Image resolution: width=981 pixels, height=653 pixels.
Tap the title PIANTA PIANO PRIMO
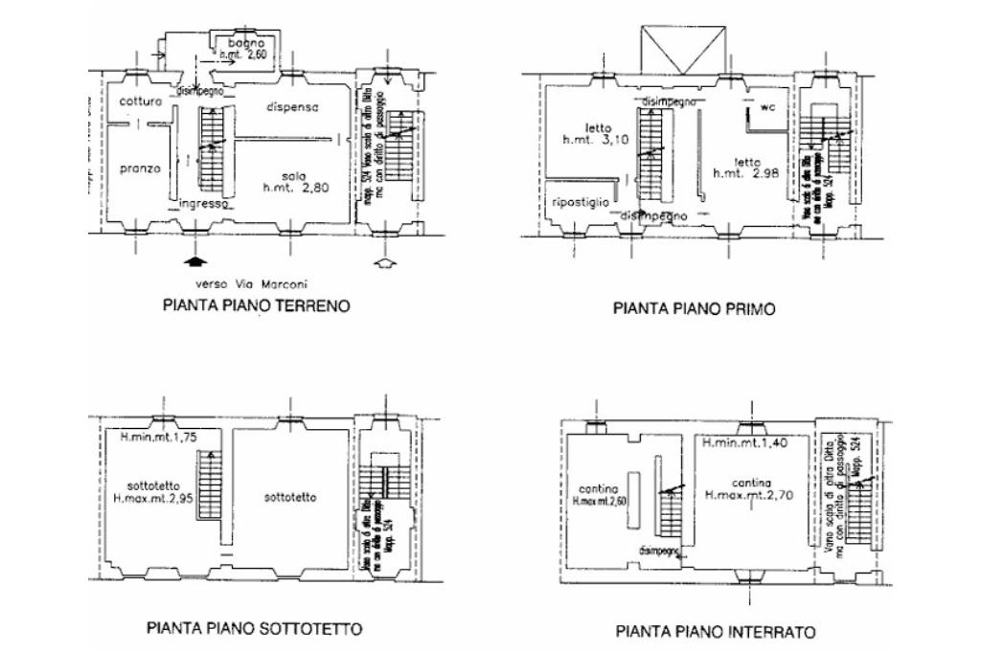694,308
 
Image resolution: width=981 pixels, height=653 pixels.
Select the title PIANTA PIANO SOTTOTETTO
254,629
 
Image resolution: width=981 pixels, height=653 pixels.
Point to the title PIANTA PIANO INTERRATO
716,632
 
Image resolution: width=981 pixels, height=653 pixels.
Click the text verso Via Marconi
254,284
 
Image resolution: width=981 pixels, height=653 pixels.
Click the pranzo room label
140,169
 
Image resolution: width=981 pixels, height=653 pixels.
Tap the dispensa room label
293,107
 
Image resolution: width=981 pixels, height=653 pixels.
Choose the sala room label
293,176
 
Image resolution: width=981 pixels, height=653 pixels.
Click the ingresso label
203,204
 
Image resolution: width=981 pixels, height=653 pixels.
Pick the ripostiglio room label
581,202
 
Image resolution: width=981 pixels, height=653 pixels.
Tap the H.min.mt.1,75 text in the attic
159,439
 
